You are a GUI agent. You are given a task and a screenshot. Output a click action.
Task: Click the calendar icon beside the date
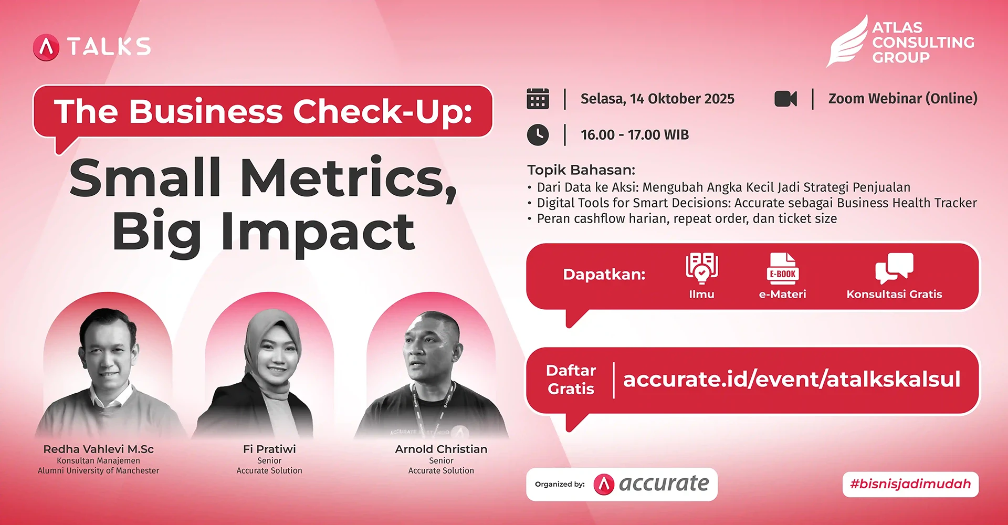coord(538,99)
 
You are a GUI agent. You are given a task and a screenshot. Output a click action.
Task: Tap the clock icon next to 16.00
coord(538,135)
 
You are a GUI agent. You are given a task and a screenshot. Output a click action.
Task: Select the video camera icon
coord(785,99)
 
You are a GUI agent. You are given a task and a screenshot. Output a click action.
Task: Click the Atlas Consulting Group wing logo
coord(846,41)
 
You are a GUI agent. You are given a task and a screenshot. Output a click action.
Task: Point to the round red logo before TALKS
coord(46,47)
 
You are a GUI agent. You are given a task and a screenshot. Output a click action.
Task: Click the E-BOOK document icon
coord(782,268)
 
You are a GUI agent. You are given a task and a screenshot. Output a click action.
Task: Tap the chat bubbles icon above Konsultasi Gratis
coord(894,268)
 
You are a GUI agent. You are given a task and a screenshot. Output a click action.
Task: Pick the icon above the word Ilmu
coord(702,268)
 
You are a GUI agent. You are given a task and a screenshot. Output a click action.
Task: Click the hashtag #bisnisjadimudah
coord(910,484)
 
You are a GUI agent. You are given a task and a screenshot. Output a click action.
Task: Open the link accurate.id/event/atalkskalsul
coord(792,379)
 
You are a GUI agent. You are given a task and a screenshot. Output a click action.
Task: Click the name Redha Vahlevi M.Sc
coord(99,449)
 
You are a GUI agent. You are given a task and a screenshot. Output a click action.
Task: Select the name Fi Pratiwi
coord(269,449)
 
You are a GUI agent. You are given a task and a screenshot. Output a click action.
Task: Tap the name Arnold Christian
coord(441,449)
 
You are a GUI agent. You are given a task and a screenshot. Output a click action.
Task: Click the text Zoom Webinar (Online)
coord(903,99)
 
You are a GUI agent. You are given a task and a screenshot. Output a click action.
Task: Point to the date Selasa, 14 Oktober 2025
coord(657,99)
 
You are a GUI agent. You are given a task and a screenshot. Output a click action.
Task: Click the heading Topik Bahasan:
coord(581,170)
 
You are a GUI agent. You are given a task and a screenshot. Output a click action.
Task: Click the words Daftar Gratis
coord(571,380)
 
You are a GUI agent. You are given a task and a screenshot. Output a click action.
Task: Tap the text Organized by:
coord(560,484)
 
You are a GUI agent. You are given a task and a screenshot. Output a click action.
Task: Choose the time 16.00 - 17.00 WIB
coord(635,135)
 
